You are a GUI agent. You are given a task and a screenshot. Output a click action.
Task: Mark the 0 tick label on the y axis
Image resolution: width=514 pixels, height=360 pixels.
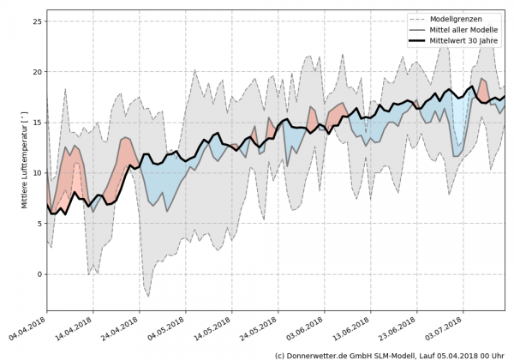[39, 274]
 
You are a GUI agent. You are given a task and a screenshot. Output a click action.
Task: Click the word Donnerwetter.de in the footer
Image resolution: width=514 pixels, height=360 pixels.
[318, 354]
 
